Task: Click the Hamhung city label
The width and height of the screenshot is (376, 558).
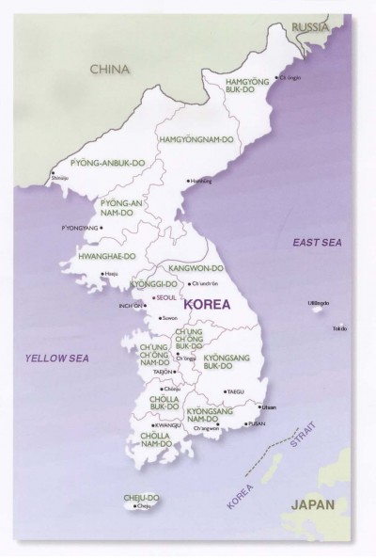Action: click(x=202, y=180)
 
